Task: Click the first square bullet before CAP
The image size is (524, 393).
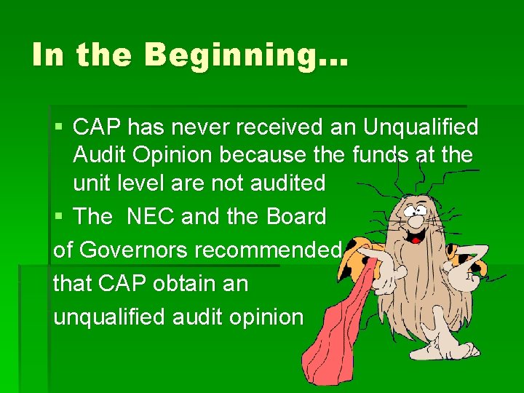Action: (x=59, y=127)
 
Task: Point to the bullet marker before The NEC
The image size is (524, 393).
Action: (x=59, y=217)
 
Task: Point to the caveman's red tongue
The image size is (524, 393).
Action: (x=416, y=237)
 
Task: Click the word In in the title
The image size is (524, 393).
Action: (x=49, y=55)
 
